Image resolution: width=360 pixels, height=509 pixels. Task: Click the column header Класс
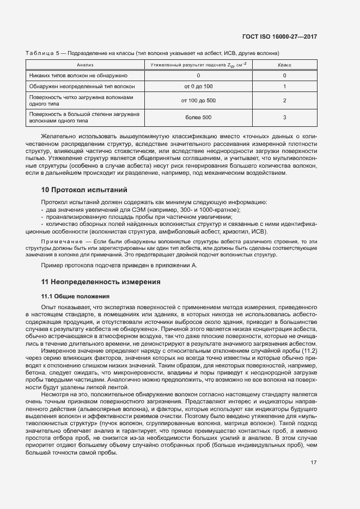click(x=284, y=64)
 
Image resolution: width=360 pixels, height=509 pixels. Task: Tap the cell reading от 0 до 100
click(x=198, y=87)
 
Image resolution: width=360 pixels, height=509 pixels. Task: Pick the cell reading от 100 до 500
click(x=198, y=101)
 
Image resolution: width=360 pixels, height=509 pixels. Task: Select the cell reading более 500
click(x=198, y=118)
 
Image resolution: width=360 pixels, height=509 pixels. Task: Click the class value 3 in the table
click(x=284, y=118)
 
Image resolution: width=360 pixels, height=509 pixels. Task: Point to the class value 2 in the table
click(x=284, y=101)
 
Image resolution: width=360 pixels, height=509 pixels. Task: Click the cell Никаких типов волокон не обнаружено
click(x=78, y=75)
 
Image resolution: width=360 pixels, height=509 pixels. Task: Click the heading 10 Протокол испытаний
click(x=84, y=190)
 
